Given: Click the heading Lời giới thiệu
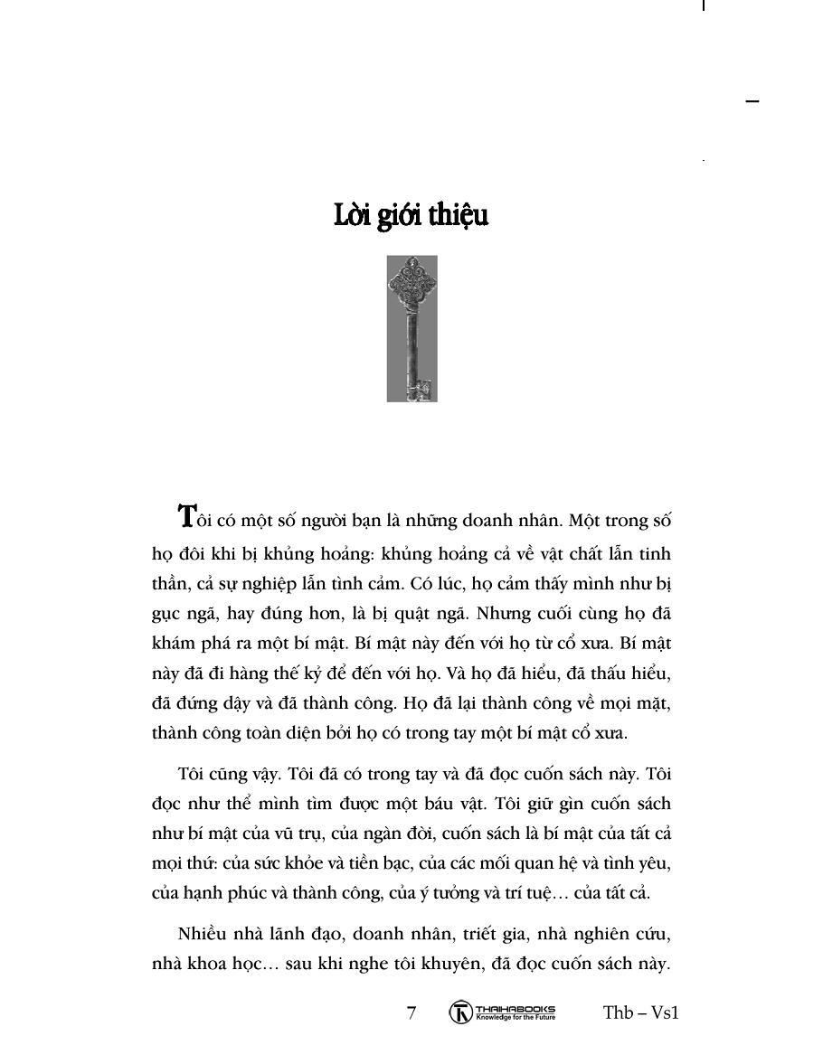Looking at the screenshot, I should tap(411, 217).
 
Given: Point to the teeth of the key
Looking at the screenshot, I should tap(421, 390).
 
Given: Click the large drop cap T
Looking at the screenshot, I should tap(187, 515).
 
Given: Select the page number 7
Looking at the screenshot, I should tap(411, 1012).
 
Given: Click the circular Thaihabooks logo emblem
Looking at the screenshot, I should tap(460, 1012).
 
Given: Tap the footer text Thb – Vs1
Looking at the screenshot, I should tap(640, 1012).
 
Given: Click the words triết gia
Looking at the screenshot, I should tap(463, 933).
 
